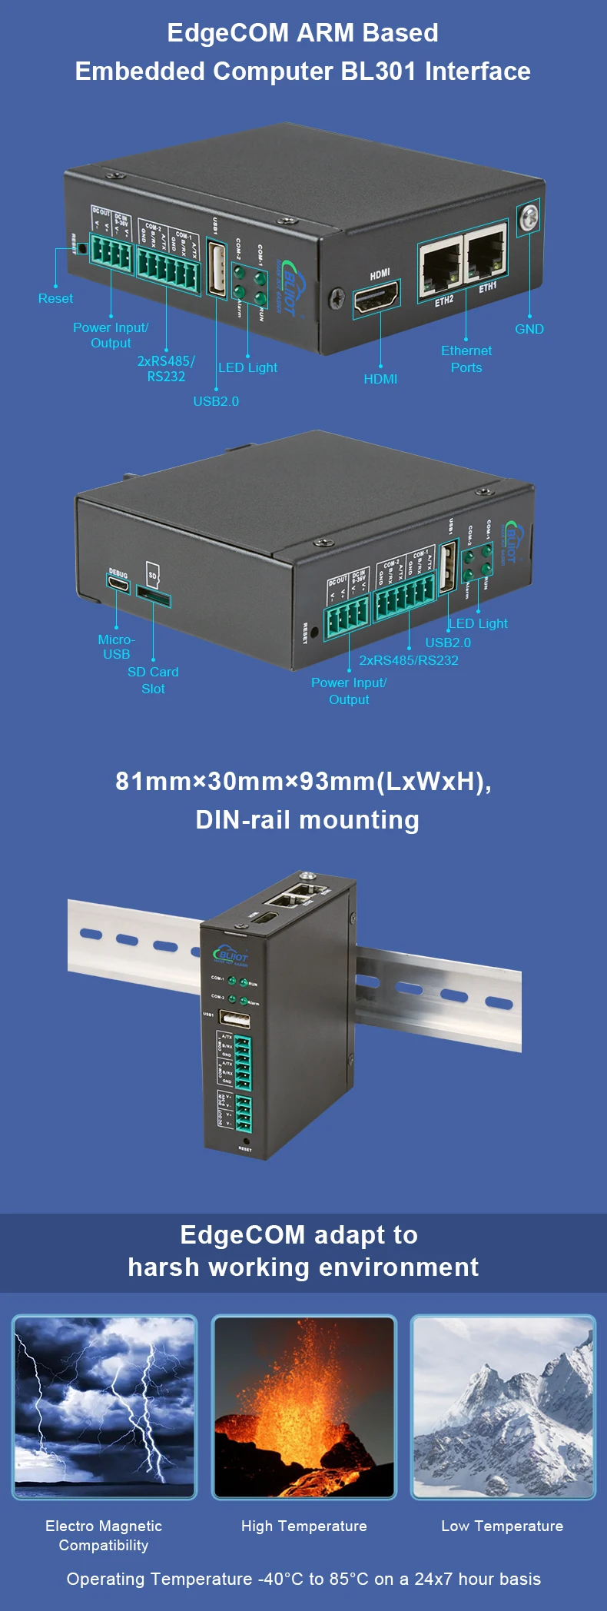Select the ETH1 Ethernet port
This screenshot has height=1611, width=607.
486,254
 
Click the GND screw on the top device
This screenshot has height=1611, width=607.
529,218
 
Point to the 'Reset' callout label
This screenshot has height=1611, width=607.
55,298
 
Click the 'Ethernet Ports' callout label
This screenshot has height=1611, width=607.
466,359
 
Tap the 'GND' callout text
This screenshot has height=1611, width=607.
529,329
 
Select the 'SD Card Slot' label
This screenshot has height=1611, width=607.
153,680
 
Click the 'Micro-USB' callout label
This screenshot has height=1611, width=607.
116,646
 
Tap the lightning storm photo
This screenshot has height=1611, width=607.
104,1407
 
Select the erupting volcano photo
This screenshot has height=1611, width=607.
304,1407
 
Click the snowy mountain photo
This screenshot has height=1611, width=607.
503,1407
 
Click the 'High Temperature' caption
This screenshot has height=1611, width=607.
304,1526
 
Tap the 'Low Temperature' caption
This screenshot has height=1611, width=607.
503,1526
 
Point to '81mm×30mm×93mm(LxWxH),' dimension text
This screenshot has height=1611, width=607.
303,781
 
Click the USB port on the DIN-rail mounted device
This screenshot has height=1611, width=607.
235,1019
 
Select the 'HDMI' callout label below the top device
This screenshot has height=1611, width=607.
380,379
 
